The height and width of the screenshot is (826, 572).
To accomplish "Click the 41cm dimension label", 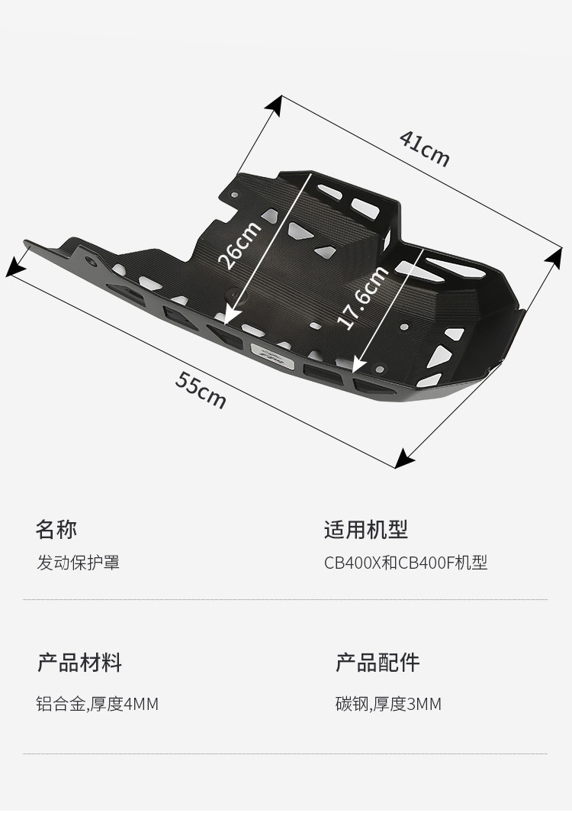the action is (x=425, y=149).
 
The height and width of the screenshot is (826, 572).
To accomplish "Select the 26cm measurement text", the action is (x=239, y=244).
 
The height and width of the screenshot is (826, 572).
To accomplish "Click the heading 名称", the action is (x=56, y=529).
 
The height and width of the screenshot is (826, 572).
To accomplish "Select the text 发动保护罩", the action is (x=79, y=563).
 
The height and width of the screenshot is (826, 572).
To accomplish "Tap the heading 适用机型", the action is (x=366, y=529).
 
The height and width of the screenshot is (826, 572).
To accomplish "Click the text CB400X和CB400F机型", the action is (x=406, y=563).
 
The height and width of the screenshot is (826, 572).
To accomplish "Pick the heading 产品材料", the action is (x=79, y=662).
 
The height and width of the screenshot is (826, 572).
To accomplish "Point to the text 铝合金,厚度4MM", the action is (x=98, y=704).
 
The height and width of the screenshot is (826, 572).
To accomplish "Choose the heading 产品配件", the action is (x=378, y=662).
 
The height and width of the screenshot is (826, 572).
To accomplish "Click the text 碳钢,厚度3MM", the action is (x=388, y=704).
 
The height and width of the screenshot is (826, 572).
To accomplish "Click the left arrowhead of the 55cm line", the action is (x=11, y=268).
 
